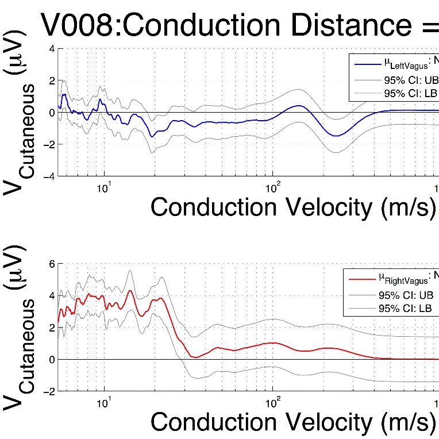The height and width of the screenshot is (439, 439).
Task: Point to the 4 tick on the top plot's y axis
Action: pos(52,49)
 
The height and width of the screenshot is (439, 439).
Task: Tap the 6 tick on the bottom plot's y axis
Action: pos(52,264)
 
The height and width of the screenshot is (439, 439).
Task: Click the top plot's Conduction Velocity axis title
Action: pos(290,207)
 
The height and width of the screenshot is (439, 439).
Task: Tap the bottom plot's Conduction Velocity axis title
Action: pos(290,422)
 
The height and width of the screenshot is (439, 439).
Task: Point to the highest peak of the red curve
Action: pos(130,291)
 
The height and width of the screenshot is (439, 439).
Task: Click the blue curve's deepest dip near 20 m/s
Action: pos(152,136)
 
